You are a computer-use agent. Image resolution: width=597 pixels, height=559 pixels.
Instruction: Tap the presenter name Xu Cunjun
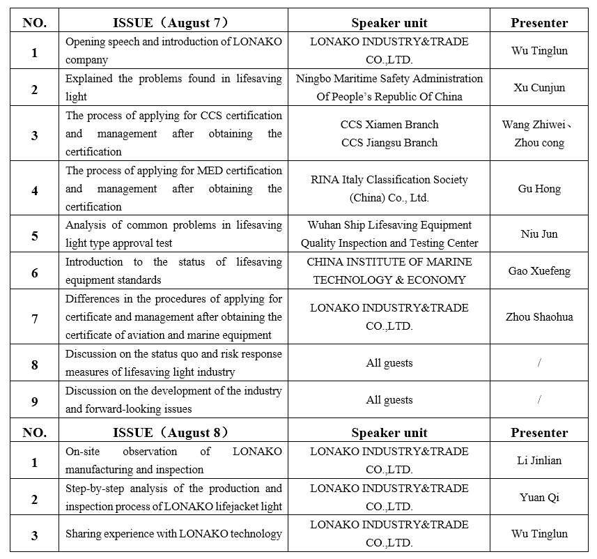coord(539,88)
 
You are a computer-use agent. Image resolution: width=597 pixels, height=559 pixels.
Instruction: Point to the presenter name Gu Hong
coord(539,189)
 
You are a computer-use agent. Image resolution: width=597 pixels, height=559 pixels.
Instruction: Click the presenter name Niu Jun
coord(539,234)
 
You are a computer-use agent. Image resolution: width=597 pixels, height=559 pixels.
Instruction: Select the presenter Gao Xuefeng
coord(539,270)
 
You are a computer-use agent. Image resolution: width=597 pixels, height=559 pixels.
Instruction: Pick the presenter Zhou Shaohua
coord(539,316)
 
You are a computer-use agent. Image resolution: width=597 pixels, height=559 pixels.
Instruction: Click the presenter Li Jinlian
coord(539,460)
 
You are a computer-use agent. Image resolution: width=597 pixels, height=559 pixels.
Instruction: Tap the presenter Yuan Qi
coord(539,497)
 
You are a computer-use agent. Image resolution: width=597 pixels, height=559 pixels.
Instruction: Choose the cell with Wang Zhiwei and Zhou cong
coord(539,134)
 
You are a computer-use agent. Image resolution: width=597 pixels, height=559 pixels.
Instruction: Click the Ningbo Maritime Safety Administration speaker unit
coord(389,88)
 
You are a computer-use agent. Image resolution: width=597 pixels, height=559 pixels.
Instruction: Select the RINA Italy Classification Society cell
coord(389,189)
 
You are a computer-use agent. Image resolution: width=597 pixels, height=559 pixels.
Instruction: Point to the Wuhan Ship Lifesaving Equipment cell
coord(389,234)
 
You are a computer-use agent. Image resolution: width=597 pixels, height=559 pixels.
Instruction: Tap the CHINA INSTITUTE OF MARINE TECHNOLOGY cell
coord(389,270)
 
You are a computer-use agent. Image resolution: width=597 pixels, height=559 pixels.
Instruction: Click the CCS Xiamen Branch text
coord(389,125)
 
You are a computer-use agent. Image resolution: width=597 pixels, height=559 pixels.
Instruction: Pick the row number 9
coord(35,401)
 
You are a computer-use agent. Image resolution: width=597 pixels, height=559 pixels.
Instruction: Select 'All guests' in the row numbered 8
coord(389,363)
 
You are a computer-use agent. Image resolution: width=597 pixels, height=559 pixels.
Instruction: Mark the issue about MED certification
coord(173,189)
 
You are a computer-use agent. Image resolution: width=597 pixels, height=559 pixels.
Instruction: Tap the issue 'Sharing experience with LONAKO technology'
coord(173,534)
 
